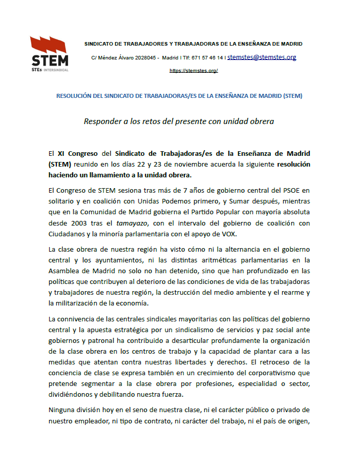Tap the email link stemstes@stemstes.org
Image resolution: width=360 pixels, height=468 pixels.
click(262, 57)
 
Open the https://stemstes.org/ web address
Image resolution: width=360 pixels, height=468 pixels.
click(194, 70)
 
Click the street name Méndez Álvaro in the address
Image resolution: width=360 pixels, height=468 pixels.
click(117, 58)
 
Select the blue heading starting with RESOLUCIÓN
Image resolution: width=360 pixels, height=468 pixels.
click(179, 96)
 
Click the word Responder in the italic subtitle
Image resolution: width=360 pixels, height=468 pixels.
click(102, 122)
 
